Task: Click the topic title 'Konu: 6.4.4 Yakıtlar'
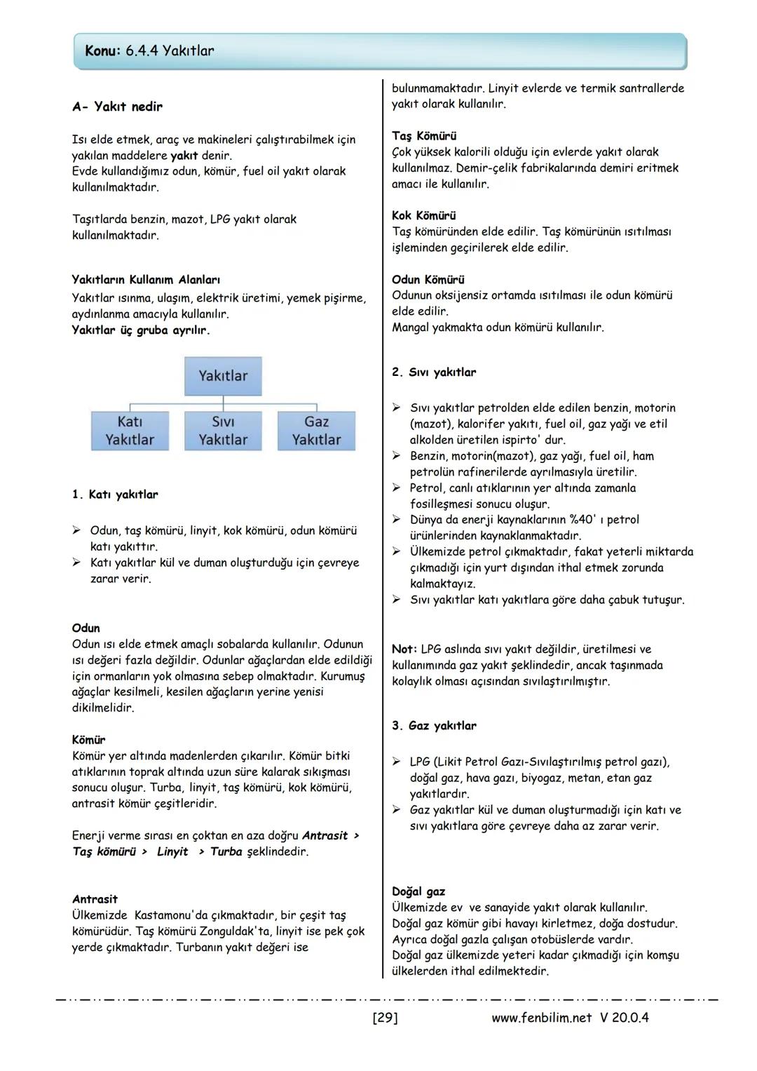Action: (149, 51)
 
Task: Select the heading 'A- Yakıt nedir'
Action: (117, 107)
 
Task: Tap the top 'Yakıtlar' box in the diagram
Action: (223, 376)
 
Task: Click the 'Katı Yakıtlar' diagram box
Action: (130, 431)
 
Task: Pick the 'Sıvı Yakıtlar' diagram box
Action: (223, 431)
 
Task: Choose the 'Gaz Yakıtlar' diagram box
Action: (316, 431)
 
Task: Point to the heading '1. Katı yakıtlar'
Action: (115, 494)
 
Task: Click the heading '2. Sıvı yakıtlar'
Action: (434, 372)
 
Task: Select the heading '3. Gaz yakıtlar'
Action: (434, 726)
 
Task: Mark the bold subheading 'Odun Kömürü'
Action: (428, 279)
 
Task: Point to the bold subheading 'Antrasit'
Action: (95, 899)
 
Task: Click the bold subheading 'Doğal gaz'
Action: (418, 891)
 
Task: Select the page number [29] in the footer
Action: (385, 1018)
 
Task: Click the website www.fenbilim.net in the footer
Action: (542, 1018)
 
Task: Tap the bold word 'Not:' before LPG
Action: (404, 649)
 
